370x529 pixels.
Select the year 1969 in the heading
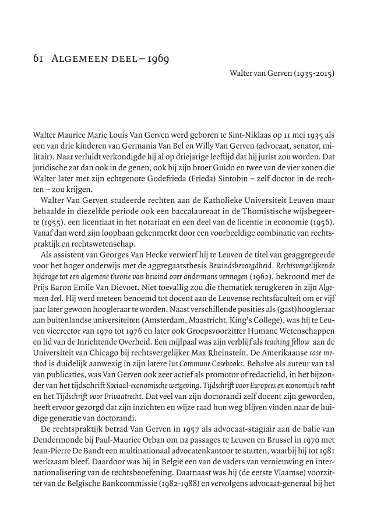[x=157, y=59]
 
